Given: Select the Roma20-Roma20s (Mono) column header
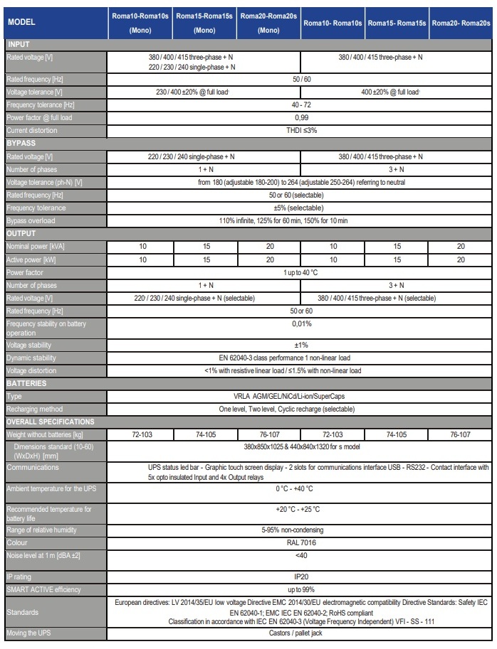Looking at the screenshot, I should pos(268,23).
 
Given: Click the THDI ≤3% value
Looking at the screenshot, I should pos(300,131).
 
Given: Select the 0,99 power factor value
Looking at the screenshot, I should pos(300,117).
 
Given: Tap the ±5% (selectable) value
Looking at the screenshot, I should pos(300,208).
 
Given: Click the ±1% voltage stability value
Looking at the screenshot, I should pos(300,344).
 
